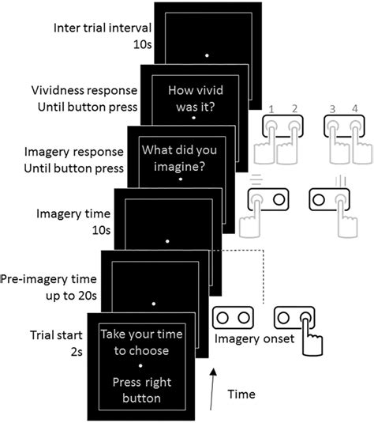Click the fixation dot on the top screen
(x=207, y=55)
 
